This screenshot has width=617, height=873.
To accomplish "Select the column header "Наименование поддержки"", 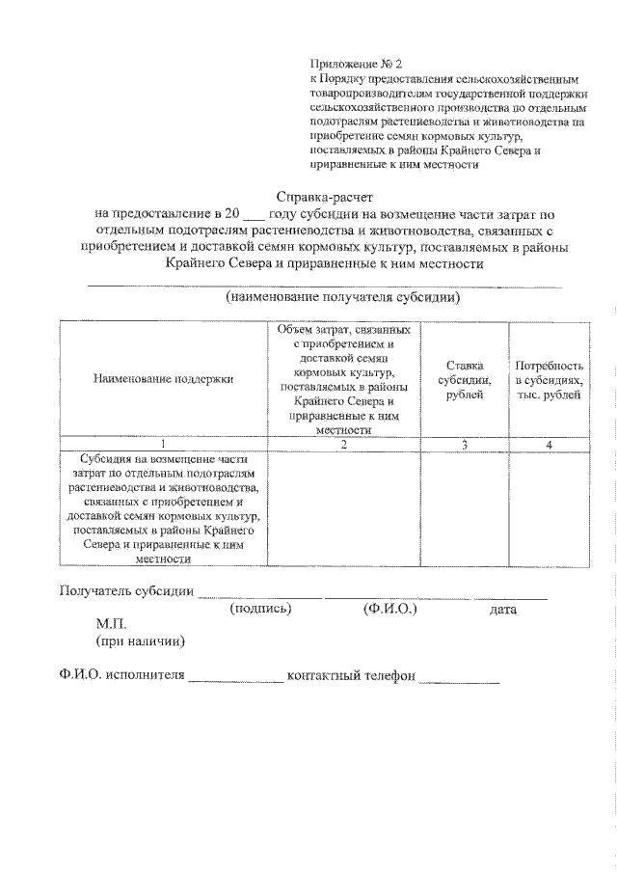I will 163,379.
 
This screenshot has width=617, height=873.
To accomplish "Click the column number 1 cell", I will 163,444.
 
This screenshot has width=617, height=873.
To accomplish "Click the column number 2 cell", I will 343,444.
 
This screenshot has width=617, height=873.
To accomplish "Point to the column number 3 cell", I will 465,444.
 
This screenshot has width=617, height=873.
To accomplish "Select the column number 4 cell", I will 549,444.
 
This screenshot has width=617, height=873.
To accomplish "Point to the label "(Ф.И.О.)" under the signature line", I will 389,609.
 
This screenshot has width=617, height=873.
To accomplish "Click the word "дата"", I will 503,610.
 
